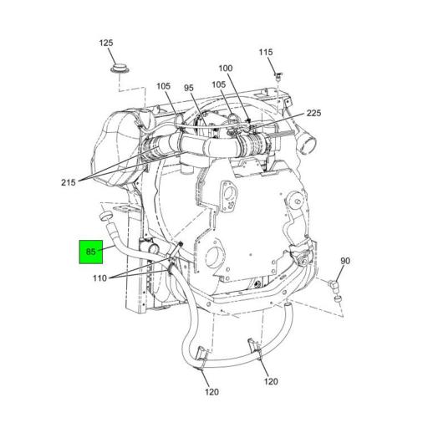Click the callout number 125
tap(106, 43)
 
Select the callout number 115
tap(266, 52)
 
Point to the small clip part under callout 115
tap(278, 76)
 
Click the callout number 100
tap(226, 69)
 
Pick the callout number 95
tap(189, 88)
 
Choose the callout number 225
tap(313, 113)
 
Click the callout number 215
tap(69, 182)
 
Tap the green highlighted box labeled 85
tap(91, 252)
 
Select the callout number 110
tap(99, 278)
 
